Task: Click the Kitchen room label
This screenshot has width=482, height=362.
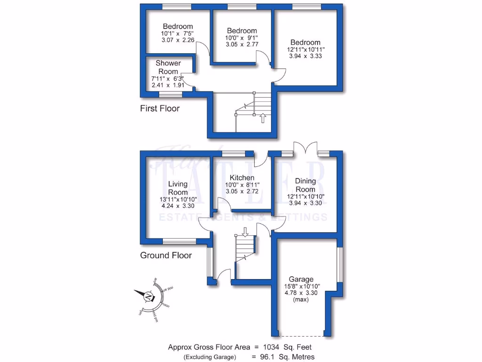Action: pos(242,178)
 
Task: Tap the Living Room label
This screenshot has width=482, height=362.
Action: pos(178,188)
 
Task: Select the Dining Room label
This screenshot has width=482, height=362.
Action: pos(305,185)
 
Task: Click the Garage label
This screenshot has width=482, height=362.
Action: pos(301,279)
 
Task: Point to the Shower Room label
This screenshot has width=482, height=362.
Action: pos(168,67)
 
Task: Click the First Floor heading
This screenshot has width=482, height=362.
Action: pos(160,108)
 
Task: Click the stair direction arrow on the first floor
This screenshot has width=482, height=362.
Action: pos(263,117)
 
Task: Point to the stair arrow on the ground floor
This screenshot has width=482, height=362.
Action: pos(244,231)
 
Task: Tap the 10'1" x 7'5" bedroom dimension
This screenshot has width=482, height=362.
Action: pos(177,33)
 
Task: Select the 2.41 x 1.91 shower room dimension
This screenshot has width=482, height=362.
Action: pos(168,85)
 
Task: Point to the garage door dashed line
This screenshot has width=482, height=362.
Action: pos(301,336)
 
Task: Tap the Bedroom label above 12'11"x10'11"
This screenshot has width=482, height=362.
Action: pos(305,42)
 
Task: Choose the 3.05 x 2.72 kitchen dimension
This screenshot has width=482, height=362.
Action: pos(242,191)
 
